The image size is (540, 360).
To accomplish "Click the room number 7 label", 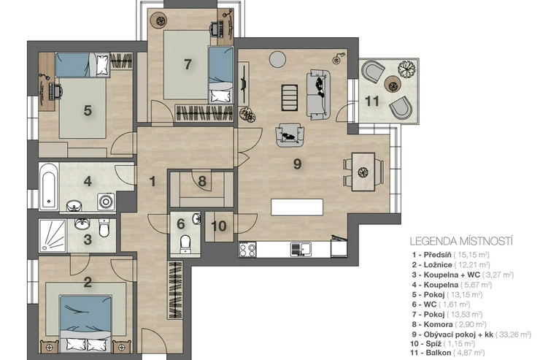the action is (188, 64).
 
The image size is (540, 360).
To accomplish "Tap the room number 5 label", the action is (88, 110).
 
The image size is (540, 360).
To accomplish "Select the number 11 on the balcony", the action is (372, 101).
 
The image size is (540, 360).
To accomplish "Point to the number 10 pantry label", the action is (219, 226).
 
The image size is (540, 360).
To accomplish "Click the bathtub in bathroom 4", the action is (48, 186).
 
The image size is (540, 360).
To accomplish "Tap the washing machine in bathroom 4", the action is (106, 202).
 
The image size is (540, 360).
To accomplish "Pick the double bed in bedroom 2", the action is (86, 323).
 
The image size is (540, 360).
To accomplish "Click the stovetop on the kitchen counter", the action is (247, 249).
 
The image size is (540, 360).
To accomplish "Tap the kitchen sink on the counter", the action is (301, 249).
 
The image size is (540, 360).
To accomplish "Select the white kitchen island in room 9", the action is (297, 207).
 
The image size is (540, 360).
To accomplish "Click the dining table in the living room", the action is (363, 172).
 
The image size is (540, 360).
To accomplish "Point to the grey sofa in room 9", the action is (319, 95).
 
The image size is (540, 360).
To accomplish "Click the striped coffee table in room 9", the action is (289, 98).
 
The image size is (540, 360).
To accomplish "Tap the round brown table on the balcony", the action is (393, 84).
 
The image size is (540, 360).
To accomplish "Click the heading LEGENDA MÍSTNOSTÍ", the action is (461, 241).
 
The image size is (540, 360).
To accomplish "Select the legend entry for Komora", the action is (449, 324).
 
